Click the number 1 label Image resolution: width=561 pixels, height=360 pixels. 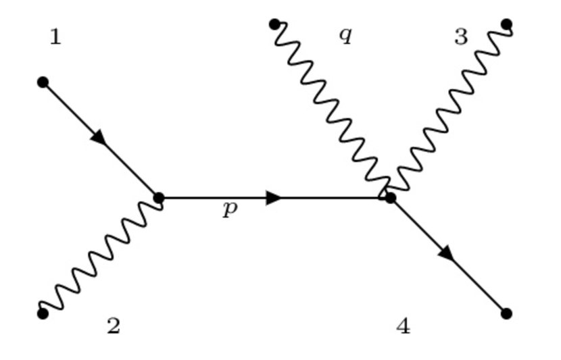click(55, 37)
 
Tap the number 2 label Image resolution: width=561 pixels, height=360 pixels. click(114, 326)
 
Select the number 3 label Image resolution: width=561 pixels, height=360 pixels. click(461, 37)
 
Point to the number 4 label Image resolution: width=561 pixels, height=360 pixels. click(403, 326)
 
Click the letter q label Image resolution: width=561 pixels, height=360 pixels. click(345, 35)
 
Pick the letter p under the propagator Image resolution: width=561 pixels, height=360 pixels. click(230, 209)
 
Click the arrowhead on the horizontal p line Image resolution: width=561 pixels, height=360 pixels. click(274, 198)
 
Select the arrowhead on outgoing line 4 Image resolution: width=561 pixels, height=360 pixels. click(446, 254)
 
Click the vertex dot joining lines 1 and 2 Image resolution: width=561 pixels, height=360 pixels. click(159, 198)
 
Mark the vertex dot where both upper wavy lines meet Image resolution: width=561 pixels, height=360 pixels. click(390, 198)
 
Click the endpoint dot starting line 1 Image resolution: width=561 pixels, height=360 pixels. click(43, 82)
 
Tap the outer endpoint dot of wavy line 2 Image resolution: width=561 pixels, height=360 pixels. click(43, 313)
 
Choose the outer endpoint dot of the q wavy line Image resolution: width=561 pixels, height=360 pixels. click(274, 24)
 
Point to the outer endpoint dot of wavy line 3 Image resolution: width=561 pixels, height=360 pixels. click(507, 24)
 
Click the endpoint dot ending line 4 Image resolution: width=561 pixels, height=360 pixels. click(507, 313)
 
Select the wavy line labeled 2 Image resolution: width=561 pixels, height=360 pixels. click(101, 256)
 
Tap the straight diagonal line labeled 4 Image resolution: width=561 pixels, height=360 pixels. click(473, 280)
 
